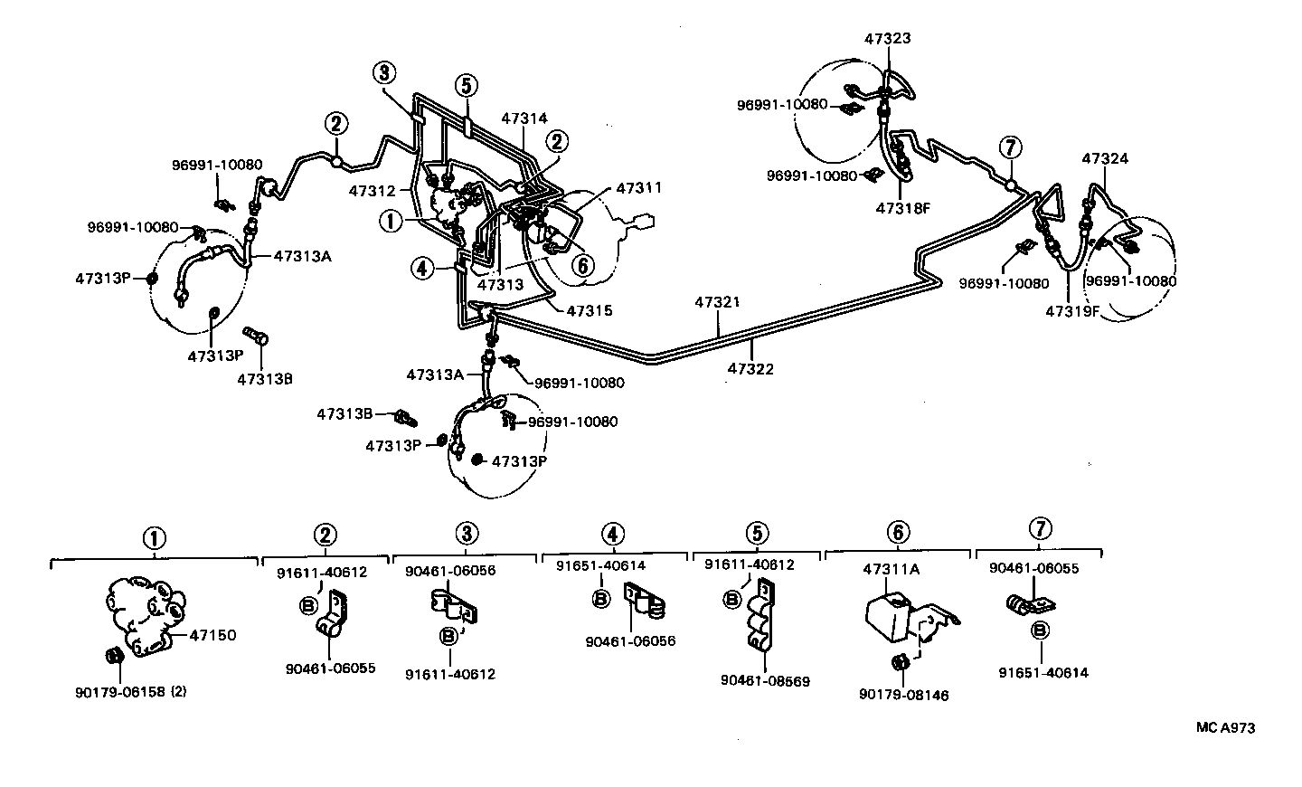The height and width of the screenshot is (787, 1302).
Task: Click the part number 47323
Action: pos(887,39)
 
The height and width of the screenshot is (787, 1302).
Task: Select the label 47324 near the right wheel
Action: pos(1105,159)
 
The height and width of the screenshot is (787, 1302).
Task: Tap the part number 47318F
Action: pos(902,207)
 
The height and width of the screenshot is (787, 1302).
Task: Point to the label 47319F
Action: pos(1072,311)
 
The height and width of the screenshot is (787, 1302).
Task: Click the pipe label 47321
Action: pos(718,302)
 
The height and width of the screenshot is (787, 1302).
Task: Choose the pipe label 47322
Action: pos(750,369)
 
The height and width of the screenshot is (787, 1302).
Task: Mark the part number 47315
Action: pos(590,310)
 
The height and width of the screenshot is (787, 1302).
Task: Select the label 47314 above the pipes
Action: pos(524,118)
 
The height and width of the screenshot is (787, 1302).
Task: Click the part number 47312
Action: pos(373,191)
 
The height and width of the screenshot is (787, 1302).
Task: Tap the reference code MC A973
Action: pos(1225,727)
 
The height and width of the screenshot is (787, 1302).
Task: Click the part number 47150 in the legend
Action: pos(212,635)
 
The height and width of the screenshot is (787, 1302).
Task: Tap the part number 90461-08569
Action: pos(765,680)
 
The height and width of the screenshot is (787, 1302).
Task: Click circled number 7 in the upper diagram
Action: pos(1010,147)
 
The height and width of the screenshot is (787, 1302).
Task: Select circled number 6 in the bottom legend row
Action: pos(897,533)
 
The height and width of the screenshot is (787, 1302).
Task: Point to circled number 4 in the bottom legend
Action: pos(612,533)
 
